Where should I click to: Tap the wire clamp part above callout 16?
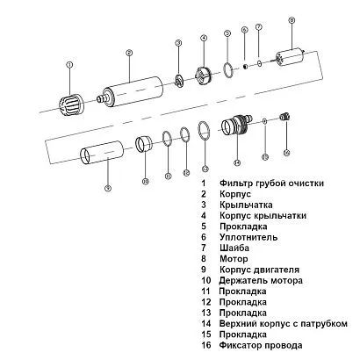pos(284,117)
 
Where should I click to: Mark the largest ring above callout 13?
pos(204,132)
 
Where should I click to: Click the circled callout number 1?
pos(69,64)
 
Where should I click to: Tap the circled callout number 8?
pos(292,19)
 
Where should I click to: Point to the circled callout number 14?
pos(236,162)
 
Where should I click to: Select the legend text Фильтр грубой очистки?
pos(274,183)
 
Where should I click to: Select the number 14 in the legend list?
pos(205,323)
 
